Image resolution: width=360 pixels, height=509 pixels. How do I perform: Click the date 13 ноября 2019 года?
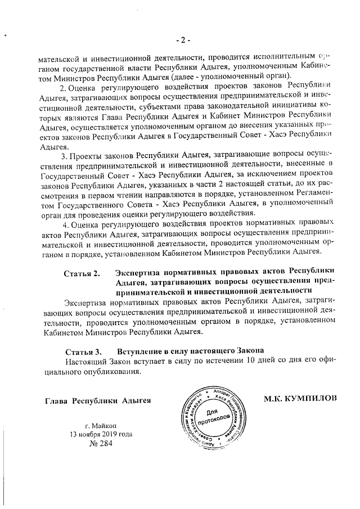click(x=93, y=435)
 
